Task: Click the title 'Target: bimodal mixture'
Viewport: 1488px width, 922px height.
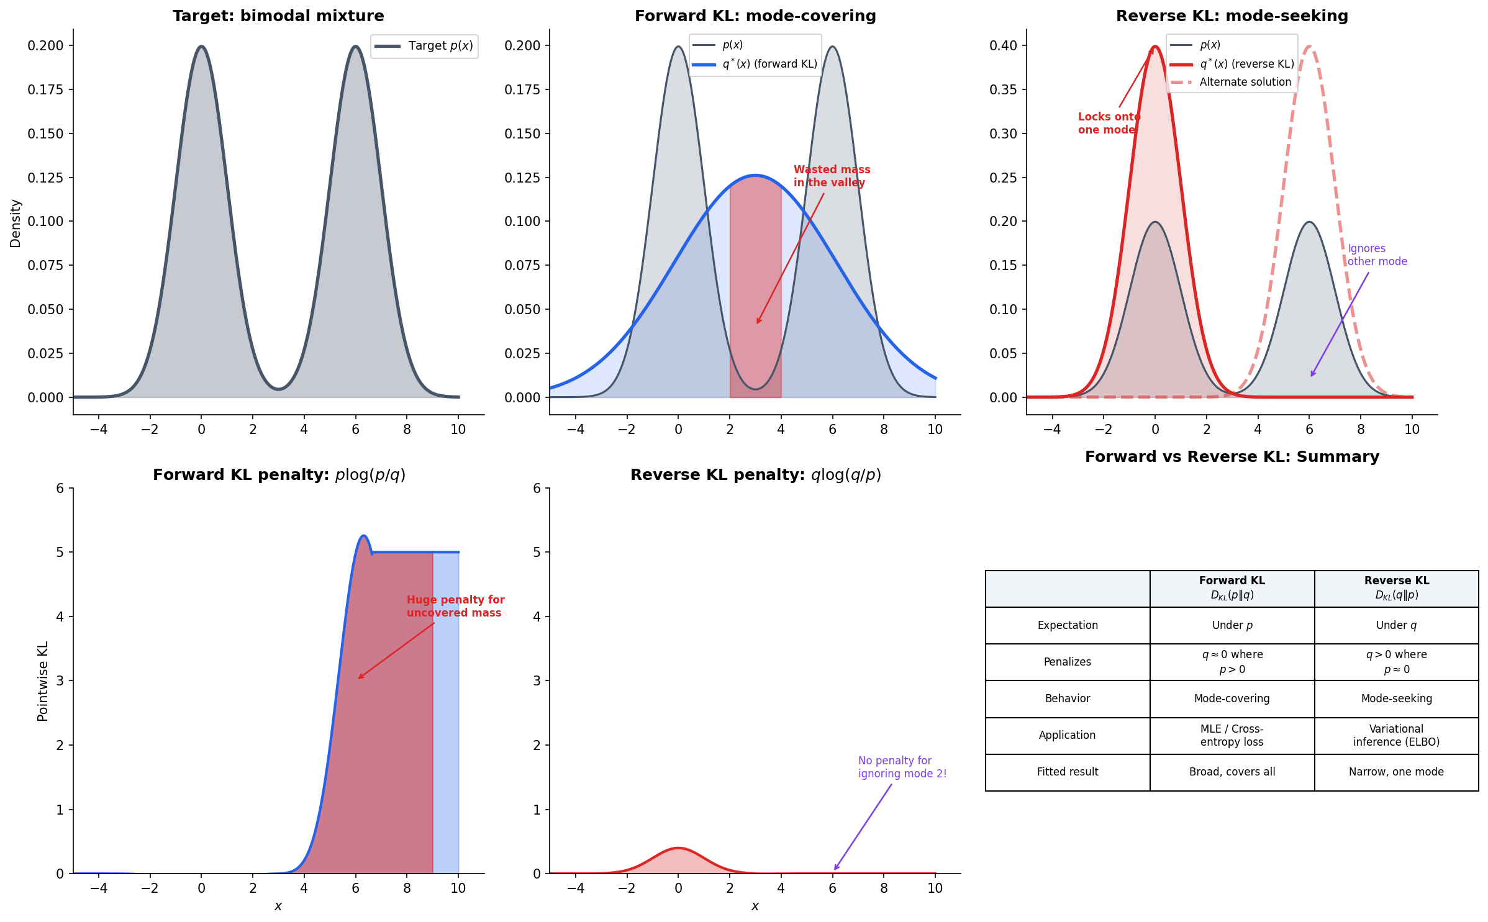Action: (x=278, y=16)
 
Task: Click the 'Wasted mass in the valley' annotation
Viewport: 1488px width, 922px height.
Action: (x=831, y=176)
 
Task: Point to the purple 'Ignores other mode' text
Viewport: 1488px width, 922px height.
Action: (x=1376, y=255)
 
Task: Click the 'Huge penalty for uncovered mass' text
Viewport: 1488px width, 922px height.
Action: (x=455, y=606)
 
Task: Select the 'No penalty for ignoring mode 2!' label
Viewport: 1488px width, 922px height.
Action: (x=902, y=767)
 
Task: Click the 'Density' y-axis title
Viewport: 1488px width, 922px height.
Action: (x=16, y=224)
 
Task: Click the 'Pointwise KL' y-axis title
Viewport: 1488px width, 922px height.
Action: (x=42, y=681)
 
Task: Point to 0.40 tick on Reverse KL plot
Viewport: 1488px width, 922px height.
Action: (x=1003, y=45)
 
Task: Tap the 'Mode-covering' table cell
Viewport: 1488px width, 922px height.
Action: (x=1232, y=698)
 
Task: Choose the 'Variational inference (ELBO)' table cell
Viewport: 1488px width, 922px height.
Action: (x=1396, y=735)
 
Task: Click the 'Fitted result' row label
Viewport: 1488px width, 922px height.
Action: (x=1067, y=772)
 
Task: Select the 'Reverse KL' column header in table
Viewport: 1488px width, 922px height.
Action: (x=1396, y=587)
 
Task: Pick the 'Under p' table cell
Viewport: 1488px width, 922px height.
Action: (x=1232, y=625)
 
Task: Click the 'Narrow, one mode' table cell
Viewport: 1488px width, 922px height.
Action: (x=1396, y=772)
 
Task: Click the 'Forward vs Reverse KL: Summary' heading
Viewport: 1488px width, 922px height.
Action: (x=1232, y=457)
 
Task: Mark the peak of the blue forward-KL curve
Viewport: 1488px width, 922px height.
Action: (x=755, y=175)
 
